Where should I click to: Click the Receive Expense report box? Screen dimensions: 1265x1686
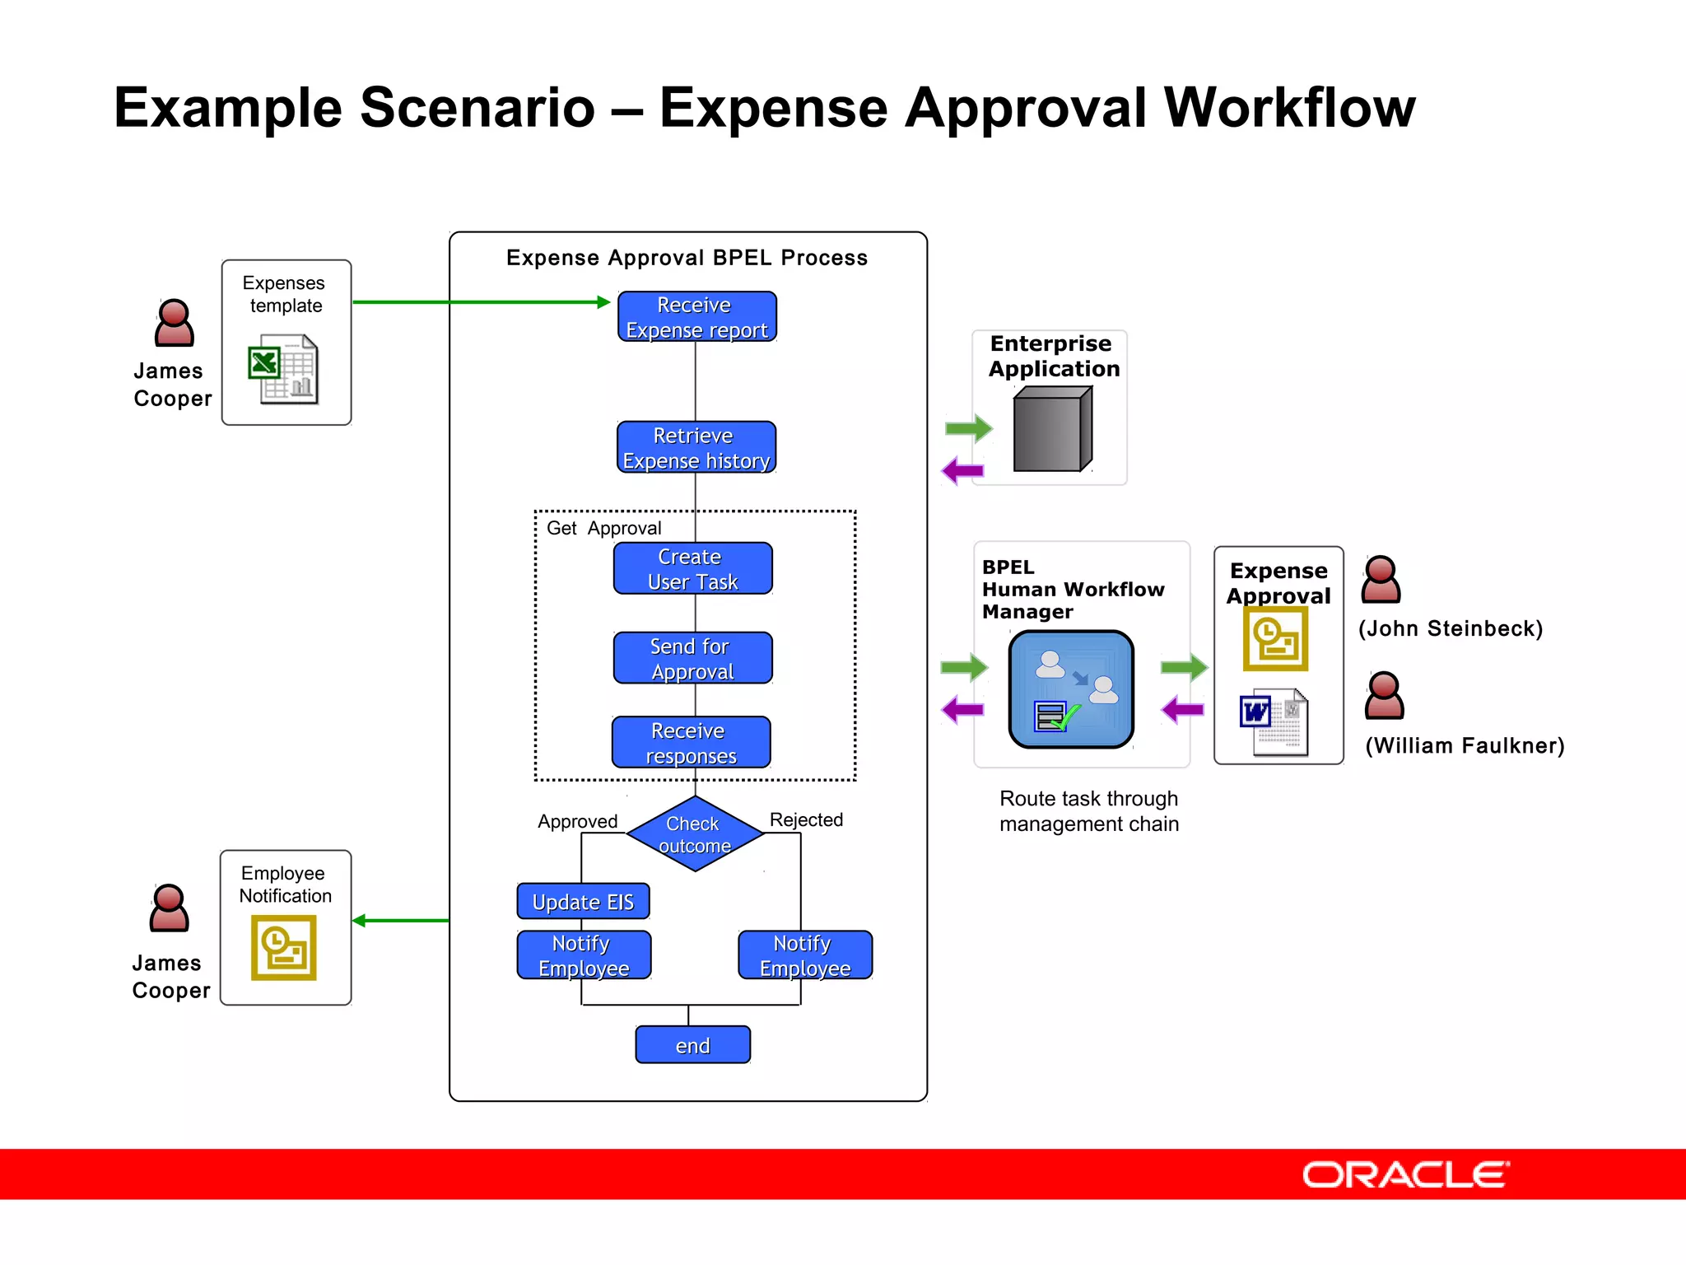[696, 317]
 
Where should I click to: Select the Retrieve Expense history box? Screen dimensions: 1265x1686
[696, 447]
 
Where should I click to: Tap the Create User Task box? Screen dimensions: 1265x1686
[692, 568]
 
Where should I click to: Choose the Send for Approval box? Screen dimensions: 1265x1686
[692, 658]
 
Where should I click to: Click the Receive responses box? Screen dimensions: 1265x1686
[691, 743]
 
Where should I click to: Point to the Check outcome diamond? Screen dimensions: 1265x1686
[695, 834]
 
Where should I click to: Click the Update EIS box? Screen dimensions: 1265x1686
[583, 902]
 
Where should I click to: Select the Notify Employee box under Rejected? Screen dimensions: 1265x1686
[804, 955]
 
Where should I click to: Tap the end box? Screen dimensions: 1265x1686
[692, 1045]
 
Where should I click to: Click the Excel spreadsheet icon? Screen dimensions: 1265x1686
[283, 369]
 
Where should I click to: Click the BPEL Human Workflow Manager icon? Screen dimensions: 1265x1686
[1071, 689]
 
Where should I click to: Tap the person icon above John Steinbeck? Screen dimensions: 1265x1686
[1381, 580]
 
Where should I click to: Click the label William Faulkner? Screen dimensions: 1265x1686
[1465, 746]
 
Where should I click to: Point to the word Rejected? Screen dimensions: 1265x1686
[806, 820]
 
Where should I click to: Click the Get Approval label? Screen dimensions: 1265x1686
[603, 529]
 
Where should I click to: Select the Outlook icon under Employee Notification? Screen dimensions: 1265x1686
[284, 949]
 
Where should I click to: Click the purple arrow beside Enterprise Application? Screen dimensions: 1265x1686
[962, 471]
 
